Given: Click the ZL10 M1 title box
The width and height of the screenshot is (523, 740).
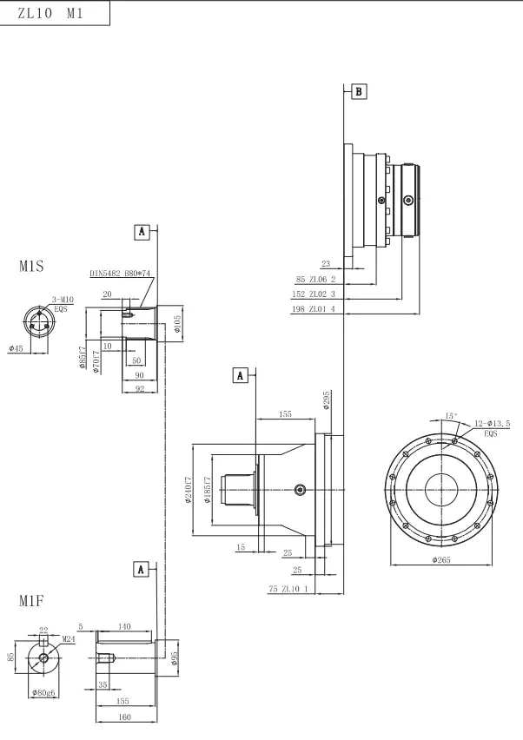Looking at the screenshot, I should [x=56, y=15].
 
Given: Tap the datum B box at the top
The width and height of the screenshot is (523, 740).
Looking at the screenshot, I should [x=359, y=91].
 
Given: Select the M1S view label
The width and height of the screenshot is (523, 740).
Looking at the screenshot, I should [x=31, y=267].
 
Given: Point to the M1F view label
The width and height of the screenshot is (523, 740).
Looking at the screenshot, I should [x=31, y=600].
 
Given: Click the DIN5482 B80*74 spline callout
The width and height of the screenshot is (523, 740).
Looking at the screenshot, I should [x=121, y=274].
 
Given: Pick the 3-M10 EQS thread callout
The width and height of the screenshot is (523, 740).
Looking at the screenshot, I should [x=63, y=303].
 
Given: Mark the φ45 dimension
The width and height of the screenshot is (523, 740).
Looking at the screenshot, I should [x=16, y=348].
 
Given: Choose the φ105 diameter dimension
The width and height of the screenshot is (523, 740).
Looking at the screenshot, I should [x=177, y=324].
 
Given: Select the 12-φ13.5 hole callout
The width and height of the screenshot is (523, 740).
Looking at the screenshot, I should [x=492, y=425].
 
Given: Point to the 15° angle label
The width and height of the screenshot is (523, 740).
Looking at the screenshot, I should [x=450, y=416].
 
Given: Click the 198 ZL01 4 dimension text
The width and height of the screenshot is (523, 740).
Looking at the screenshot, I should [x=313, y=308].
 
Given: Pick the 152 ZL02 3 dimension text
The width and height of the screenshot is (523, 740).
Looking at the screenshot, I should [x=313, y=294].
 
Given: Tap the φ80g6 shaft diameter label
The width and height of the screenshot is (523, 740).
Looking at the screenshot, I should [x=43, y=692].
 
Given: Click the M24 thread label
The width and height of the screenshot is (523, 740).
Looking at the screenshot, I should [x=68, y=638].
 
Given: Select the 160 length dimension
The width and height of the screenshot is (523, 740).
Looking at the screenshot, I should [x=124, y=717].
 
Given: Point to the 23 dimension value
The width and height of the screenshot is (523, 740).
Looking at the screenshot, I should [x=326, y=264].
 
